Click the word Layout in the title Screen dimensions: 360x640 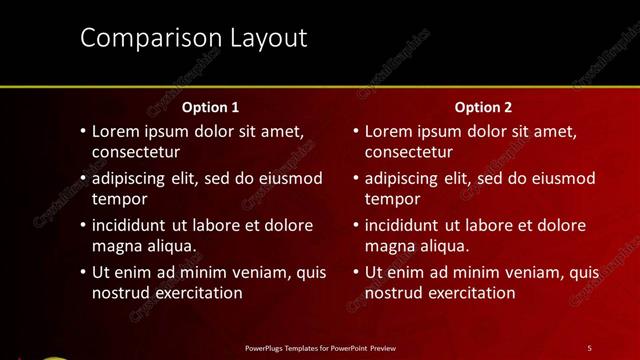[x=267, y=38]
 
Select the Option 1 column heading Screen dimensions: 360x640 [x=210, y=106]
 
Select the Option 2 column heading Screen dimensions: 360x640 [x=484, y=106]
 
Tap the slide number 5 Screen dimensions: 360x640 [x=589, y=347]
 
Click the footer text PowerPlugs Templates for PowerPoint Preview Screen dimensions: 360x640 [x=320, y=347]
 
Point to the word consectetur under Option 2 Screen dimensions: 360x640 [x=408, y=152]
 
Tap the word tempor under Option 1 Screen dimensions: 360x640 [x=116, y=198]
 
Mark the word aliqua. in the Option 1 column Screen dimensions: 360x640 [x=169, y=245]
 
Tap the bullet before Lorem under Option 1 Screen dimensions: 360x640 [x=81, y=131]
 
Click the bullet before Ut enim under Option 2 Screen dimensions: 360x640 [x=354, y=272]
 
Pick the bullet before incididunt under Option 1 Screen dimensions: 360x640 [x=81, y=225]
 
